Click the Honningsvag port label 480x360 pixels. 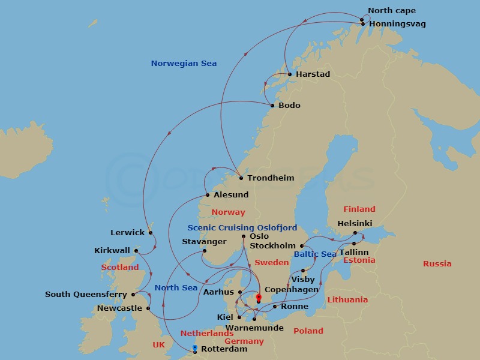[x=397, y=24]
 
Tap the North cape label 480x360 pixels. [x=391, y=11]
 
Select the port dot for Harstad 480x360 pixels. [x=290, y=74]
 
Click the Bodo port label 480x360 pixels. [x=289, y=106]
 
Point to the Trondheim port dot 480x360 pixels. [x=241, y=178]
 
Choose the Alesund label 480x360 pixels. [x=231, y=195]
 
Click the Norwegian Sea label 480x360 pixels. [x=184, y=64]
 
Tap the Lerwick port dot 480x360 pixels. [x=150, y=233]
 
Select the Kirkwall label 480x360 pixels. [x=112, y=251]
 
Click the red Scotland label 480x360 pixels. [x=120, y=268]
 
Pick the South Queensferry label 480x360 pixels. [x=86, y=295]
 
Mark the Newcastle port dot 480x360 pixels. [x=148, y=308]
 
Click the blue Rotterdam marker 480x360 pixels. [x=195, y=347]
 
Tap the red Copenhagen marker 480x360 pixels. [x=259, y=297]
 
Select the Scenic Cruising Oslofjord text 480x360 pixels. [x=242, y=228]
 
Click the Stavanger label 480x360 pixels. [x=204, y=242]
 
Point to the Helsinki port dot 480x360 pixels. [x=355, y=233]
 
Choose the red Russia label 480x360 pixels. [x=437, y=264]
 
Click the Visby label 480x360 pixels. [x=302, y=280]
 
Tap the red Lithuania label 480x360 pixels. [x=347, y=300]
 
